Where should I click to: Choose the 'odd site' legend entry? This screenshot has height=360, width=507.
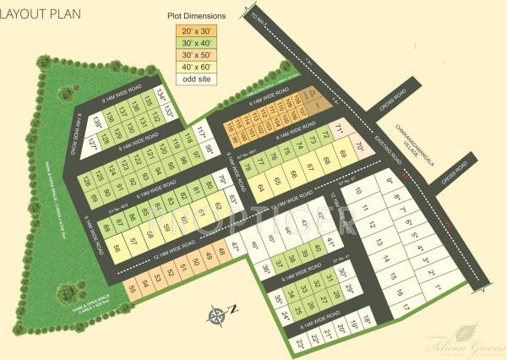[195, 79]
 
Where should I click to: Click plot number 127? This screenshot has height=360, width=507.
[92, 144]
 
